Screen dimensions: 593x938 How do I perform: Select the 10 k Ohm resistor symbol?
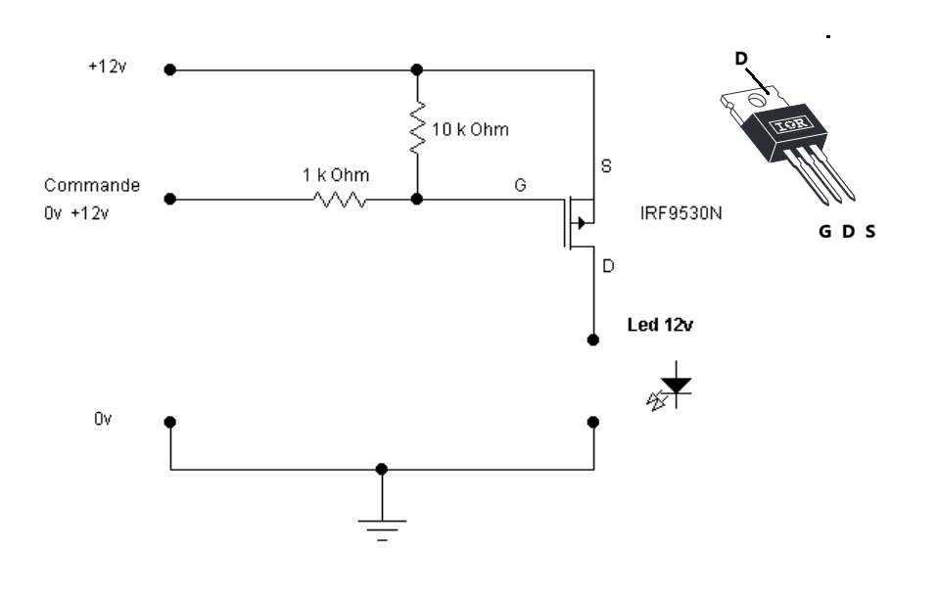[417, 126]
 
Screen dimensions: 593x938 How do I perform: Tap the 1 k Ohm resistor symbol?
[340, 199]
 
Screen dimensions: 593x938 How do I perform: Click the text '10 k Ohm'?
[470, 129]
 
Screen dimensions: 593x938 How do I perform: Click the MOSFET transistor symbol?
[578, 223]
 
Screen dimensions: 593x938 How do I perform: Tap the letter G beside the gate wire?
[519, 184]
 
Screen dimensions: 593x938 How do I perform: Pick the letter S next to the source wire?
[606, 167]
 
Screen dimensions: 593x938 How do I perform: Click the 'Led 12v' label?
[660, 325]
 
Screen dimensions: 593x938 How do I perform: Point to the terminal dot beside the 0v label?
[170, 422]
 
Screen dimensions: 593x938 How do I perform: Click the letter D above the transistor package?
[741, 59]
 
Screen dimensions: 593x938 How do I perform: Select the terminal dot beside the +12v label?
[170, 69]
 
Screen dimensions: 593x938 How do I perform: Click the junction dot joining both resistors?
[417, 199]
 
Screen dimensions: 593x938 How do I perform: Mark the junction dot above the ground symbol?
[382, 470]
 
